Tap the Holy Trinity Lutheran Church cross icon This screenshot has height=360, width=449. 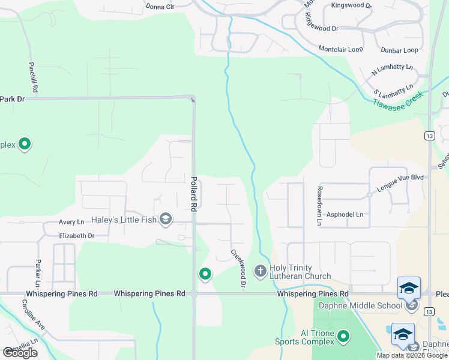tap(261, 271)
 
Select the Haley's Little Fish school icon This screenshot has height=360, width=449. tap(166, 220)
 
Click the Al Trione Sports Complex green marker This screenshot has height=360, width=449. tap(343, 337)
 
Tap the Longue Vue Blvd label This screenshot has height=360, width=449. tap(400, 182)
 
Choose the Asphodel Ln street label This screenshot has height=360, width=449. tap(345, 214)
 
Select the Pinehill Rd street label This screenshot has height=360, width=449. tap(34, 76)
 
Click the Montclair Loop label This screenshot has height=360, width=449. tap(341, 49)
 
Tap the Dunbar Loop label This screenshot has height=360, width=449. tap(399, 50)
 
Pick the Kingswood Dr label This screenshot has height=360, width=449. tap(352, 5)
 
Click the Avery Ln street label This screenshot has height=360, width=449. tap(71, 222)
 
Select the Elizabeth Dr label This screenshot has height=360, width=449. tap(77, 236)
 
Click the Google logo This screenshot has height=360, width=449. tap(20, 353)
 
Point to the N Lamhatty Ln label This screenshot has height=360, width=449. tap(393, 69)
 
